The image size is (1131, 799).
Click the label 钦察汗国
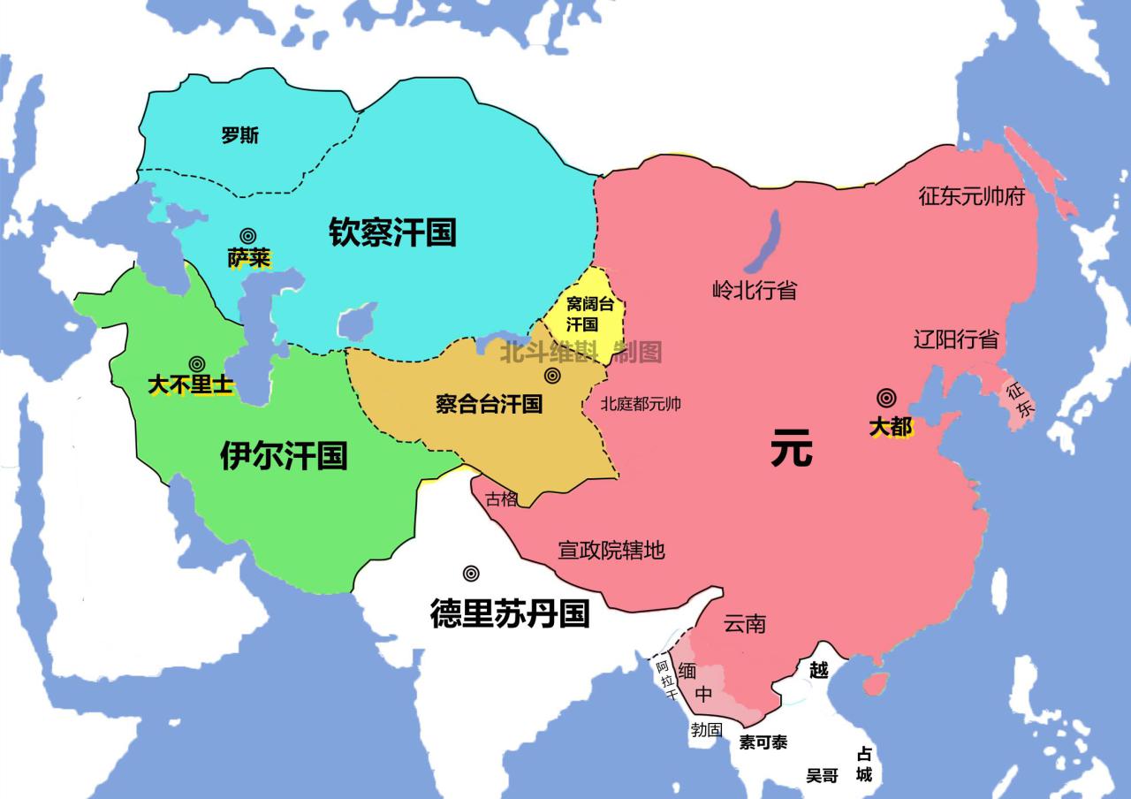pyautogui.click(x=392, y=232)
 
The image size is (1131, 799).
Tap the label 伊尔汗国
pyautogui.click(x=284, y=455)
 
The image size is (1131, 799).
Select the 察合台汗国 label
pyautogui.click(x=489, y=405)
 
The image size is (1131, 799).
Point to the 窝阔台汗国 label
pyautogui.click(x=589, y=314)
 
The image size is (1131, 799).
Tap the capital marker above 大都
pyautogui.click(x=886, y=399)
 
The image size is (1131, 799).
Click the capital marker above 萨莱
pyautogui.click(x=248, y=236)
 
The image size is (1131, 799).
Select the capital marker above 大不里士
pyautogui.click(x=197, y=363)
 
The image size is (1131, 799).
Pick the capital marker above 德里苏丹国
pyautogui.click(x=472, y=573)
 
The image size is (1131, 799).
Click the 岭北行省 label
pyautogui.click(x=755, y=290)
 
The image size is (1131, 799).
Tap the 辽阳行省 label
pyautogui.click(x=956, y=339)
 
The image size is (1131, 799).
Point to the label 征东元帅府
pyautogui.click(x=972, y=196)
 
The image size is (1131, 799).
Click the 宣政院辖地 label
pyautogui.click(x=611, y=551)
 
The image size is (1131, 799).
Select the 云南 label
pyautogui.click(x=745, y=624)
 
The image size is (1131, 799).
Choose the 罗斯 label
pyautogui.click(x=240, y=135)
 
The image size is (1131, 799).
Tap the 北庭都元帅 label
pyautogui.click(x=641, y=405)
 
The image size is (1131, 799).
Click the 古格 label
pyautogui.click(x=502, y=498)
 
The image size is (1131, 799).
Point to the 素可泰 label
pyautogui.click(x=763, y=742)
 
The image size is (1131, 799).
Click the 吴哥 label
pyautogui.click(x=822, y=775)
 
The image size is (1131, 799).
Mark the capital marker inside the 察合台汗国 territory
pyautogui.click(x=553, y=376)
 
